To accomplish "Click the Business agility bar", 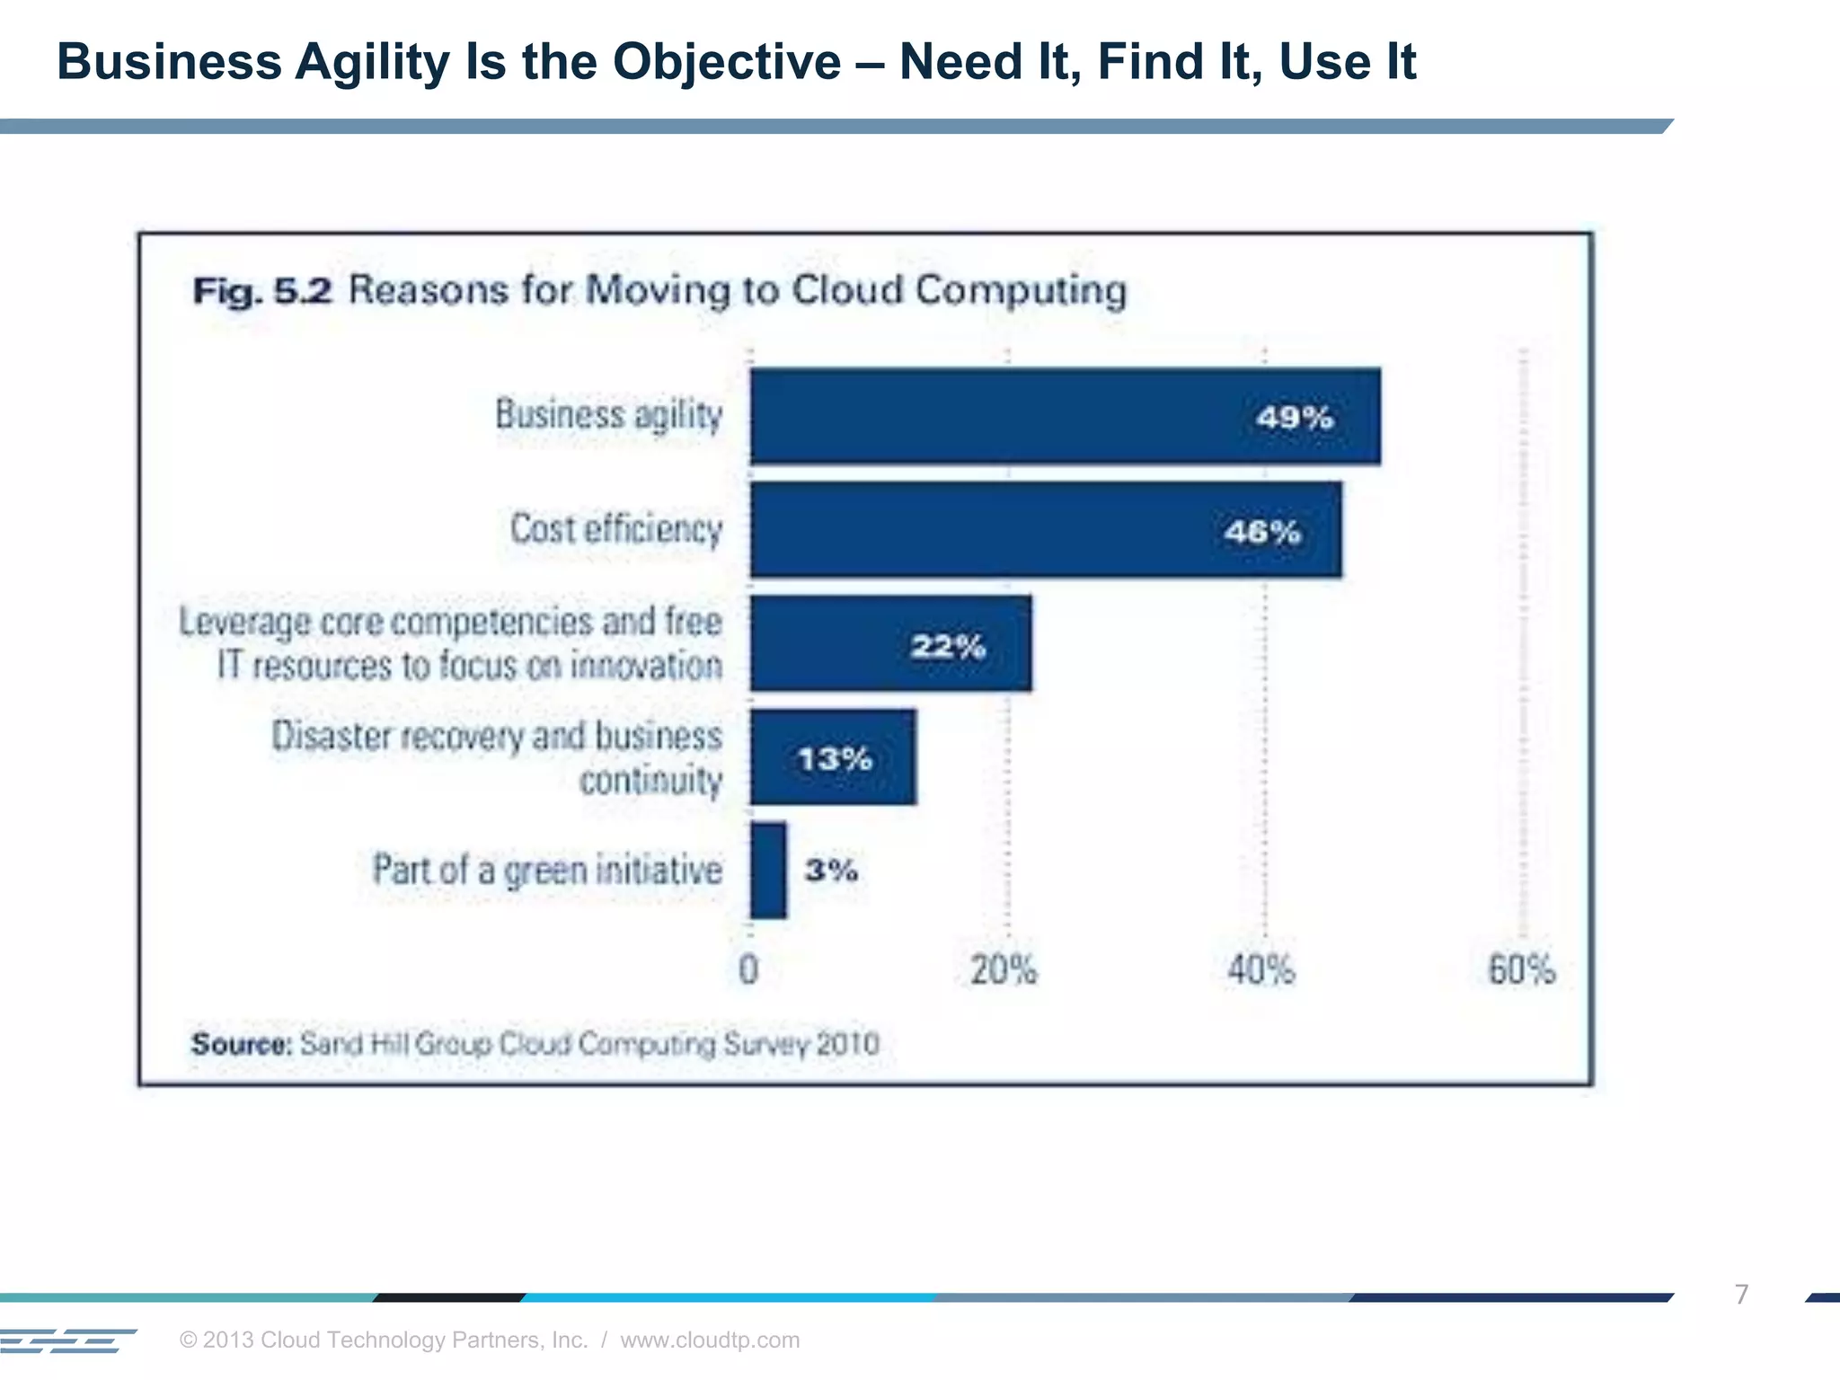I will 1066,416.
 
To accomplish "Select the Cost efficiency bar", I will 1046,530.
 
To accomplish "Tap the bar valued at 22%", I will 890,643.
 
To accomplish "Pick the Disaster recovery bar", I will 833,757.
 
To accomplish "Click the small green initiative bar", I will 768,870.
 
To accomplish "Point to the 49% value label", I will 1294,418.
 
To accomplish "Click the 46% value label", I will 1261,532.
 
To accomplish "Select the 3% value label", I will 831,870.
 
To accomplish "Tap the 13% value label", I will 835,759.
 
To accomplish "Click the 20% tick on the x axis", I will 1004,970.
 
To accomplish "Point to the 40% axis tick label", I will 1261,970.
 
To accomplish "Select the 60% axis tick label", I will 1521,970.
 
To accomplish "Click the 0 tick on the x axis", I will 748,970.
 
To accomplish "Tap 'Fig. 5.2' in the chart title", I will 262,291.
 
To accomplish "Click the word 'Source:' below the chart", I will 242,1044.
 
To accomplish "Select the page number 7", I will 1741,1295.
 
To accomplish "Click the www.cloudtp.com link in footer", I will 710,1340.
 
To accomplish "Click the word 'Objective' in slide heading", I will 727,62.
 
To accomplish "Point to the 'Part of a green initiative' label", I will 547,870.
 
